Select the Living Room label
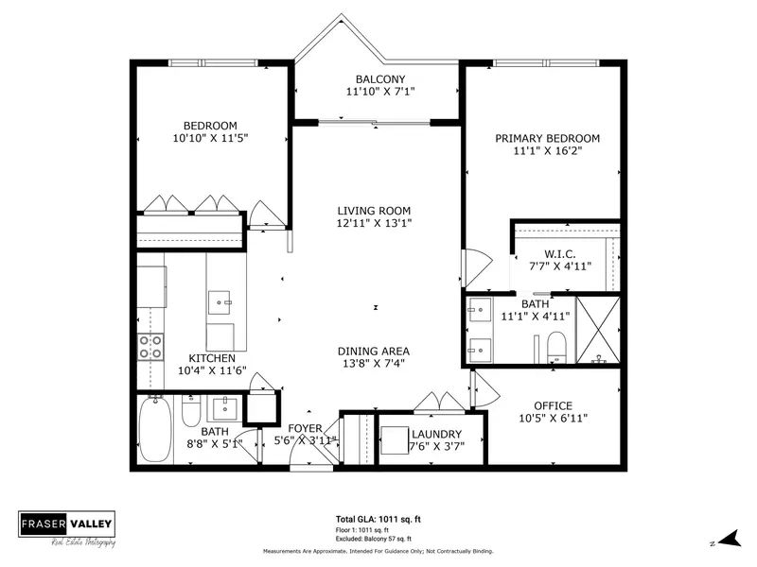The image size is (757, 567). (376, 210)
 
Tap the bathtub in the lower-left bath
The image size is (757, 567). (153, 430)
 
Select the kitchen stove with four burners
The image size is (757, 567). (151, 348)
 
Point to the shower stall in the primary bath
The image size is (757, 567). (597, 329)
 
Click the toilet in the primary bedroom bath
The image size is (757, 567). (556, 345)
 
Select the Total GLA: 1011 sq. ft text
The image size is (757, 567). (378, 520)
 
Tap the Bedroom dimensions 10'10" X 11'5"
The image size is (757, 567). (210, 138)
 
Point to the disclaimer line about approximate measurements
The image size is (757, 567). (378, 550)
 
